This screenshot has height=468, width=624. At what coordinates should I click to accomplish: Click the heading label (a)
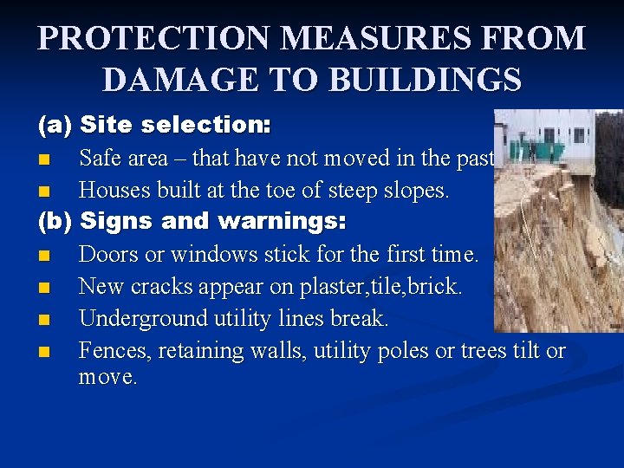(54, 126)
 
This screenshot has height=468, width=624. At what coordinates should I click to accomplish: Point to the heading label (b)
(54, 222)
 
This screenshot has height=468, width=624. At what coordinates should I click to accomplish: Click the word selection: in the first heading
(206, 126)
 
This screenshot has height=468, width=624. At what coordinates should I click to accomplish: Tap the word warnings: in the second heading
(282, 222)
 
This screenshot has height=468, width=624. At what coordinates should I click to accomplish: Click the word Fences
(112, 351)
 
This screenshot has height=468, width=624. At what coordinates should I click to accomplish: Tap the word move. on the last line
(107, 378)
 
